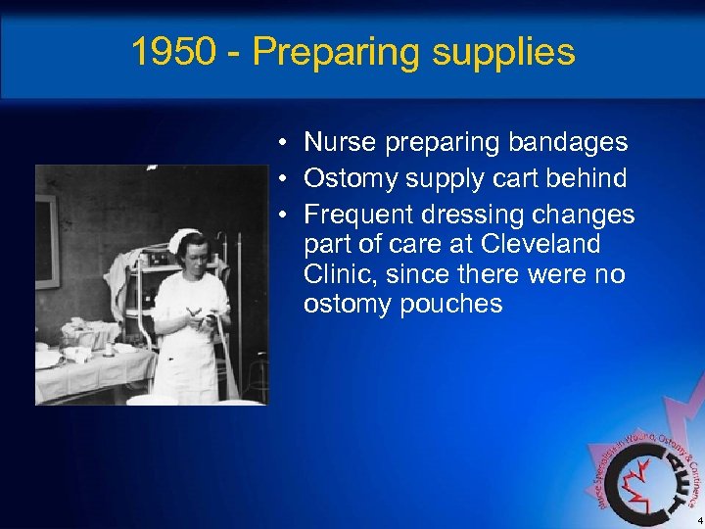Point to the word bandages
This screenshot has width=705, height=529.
click(569, 142)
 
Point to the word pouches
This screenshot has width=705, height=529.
click(450, 304)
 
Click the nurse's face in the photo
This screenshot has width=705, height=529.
click(188, 257)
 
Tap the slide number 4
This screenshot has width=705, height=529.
click(699, 521)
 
